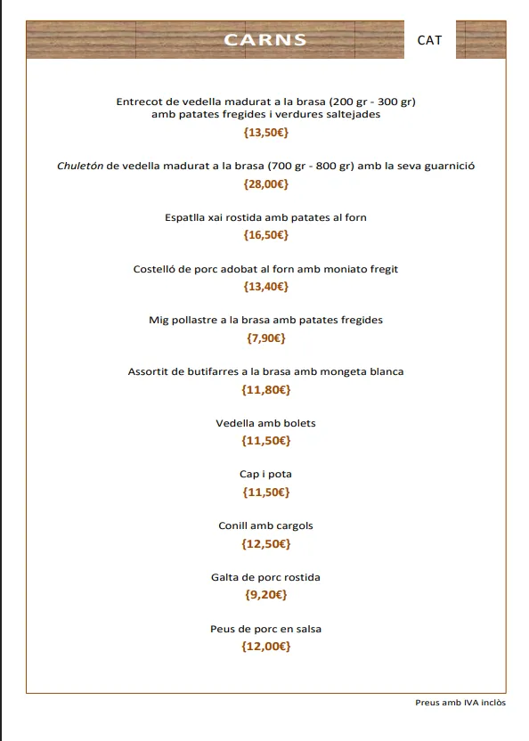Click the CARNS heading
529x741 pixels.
265,40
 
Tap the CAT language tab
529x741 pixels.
429,40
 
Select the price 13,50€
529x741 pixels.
265,133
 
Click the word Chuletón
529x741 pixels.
80,166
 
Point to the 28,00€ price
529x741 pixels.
265,184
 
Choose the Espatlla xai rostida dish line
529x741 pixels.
265,217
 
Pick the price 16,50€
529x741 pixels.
265,235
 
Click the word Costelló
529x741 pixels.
157,269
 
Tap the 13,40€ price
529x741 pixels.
265,287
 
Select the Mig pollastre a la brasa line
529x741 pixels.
265,320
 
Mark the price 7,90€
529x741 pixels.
265,338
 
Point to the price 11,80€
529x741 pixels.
265,390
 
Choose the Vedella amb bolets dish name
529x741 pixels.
265,423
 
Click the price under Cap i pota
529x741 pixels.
265,493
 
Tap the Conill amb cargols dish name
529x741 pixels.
265,525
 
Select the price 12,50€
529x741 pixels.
265,544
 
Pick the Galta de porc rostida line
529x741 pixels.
265,577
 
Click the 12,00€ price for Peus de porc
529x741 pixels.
265,647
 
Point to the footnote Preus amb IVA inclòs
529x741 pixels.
460,702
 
